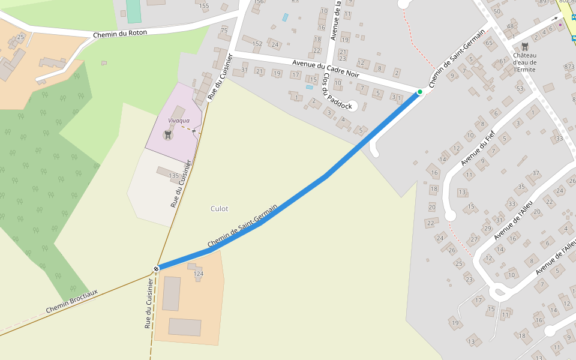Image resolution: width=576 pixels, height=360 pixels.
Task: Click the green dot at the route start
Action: (420, 92)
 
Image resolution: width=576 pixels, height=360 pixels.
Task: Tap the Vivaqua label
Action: (179, 121)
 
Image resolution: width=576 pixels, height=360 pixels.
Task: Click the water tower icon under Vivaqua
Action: (168, 135)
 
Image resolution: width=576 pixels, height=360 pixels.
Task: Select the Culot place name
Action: (219, 209)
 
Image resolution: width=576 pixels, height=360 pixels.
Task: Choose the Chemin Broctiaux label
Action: (72, 301)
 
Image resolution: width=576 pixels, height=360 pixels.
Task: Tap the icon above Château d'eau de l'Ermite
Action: (525, 46)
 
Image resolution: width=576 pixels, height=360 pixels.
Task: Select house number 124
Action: (199, 274)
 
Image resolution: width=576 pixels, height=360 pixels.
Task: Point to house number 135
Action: (173, 176)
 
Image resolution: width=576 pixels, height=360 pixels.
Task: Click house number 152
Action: (257, 44)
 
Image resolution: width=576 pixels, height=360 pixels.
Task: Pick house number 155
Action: (204, 6)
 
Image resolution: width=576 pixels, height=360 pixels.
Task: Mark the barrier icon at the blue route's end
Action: (156, 269)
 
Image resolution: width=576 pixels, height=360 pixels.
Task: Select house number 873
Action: (569, 66)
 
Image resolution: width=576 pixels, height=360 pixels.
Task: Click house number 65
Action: (488, 43)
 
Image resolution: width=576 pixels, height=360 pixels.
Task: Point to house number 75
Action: (224, 30)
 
